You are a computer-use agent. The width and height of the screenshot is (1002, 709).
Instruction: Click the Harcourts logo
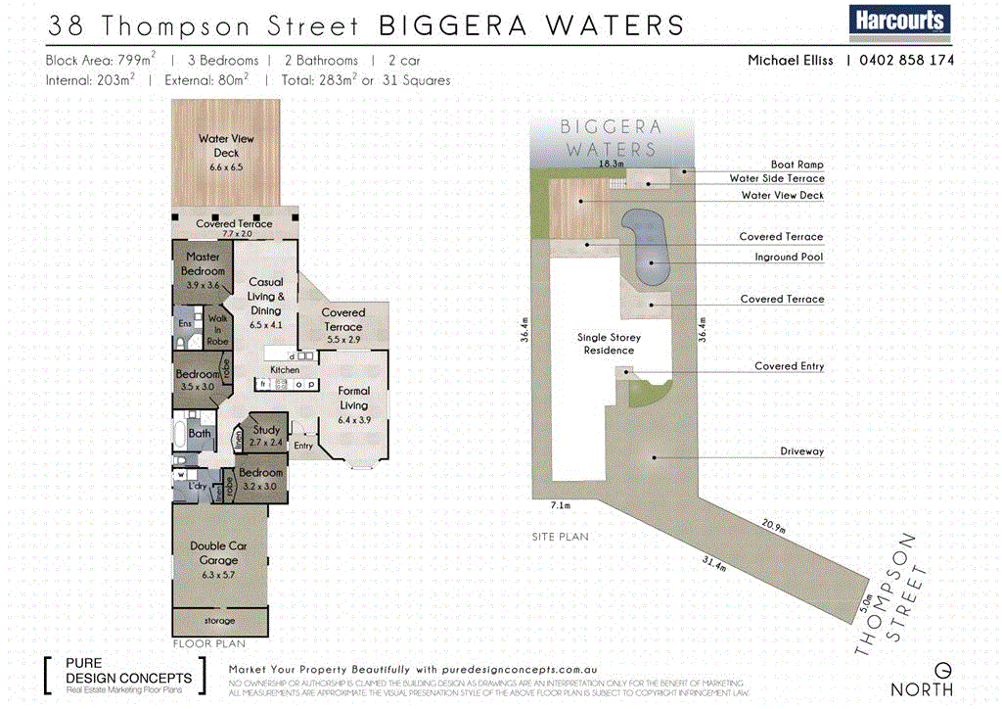coord(899,20)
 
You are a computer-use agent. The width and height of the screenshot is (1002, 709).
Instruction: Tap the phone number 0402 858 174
coord(906,61)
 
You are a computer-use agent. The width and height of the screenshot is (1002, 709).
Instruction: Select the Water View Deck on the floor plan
coord(226,153)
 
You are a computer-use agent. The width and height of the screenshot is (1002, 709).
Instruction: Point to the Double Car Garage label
coord(218,553)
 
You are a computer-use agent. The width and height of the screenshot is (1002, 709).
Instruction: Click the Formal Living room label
coord(353,398)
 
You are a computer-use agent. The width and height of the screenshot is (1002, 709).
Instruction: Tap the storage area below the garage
coord(219,621)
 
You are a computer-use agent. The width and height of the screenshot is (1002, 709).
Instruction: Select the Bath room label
coord(200,433)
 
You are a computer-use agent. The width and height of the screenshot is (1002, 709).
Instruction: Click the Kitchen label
coord(285,370)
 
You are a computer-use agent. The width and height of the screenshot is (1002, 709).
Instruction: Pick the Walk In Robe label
coord(217,327)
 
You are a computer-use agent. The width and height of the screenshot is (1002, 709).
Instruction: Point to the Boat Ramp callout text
coord(797,165)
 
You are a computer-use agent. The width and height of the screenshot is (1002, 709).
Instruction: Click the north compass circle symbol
coord(942,670)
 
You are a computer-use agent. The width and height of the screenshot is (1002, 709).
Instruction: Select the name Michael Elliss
coord(790,61)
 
